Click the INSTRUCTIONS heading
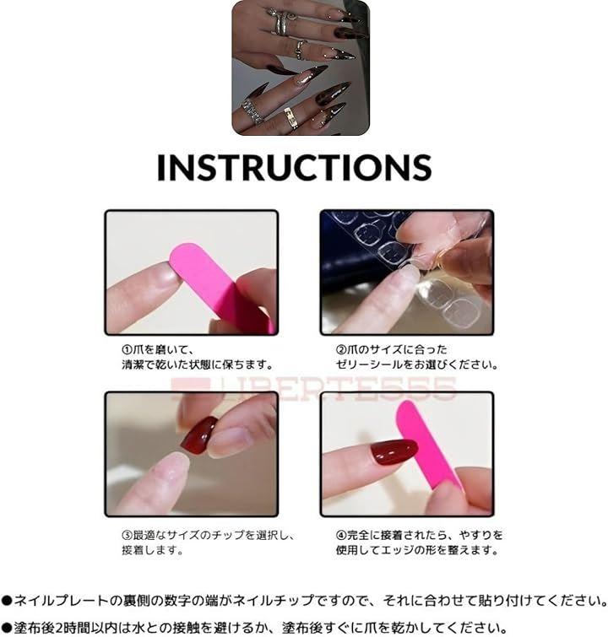tap(294, 166)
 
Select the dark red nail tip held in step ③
tap(198, 435)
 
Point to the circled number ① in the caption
tap(128, 349)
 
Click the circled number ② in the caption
tap(341, 349)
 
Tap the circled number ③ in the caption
tap(128, 535)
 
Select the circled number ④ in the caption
tap(341, 535)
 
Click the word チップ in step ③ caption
tap(227, 535)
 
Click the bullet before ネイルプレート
tap(7, 601)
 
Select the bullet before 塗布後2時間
tap(7, 628)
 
